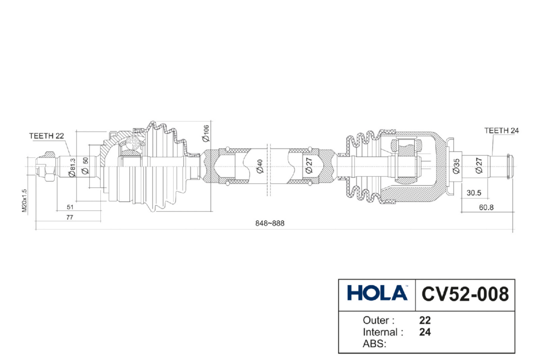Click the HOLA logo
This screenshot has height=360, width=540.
pyautogui.click(x=377, y=293)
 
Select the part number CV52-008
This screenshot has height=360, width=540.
pyautogui.click(x=465, y=293)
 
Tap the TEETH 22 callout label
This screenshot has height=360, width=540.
pyautogui.click(x=46, y=135)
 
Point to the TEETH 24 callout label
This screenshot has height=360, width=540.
pyautogui.click(x=501, y=130)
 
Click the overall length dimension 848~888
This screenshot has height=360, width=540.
pyautogui.click(x=270, y=223)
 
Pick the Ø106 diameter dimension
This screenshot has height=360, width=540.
pyautogui.click(x=206, y=134)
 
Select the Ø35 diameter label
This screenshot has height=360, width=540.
pyautogui.click(x=456, y=166)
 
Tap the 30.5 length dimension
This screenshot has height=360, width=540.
pyautogui.click(x=474, y=193)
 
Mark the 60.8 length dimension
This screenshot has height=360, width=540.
pyautogui.click(x=474, y=207)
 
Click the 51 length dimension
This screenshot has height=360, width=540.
pyautogui.click(x=70, y=207)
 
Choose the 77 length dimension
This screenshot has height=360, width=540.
pyautogui.click(x=70, y=217)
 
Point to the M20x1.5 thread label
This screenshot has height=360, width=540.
pyautogui.click(x=25, y=201)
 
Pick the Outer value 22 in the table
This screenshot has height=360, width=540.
pyautogui.click(x=425, y=320)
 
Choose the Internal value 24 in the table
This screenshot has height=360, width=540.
pyautogui.click(x=425, y=333)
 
